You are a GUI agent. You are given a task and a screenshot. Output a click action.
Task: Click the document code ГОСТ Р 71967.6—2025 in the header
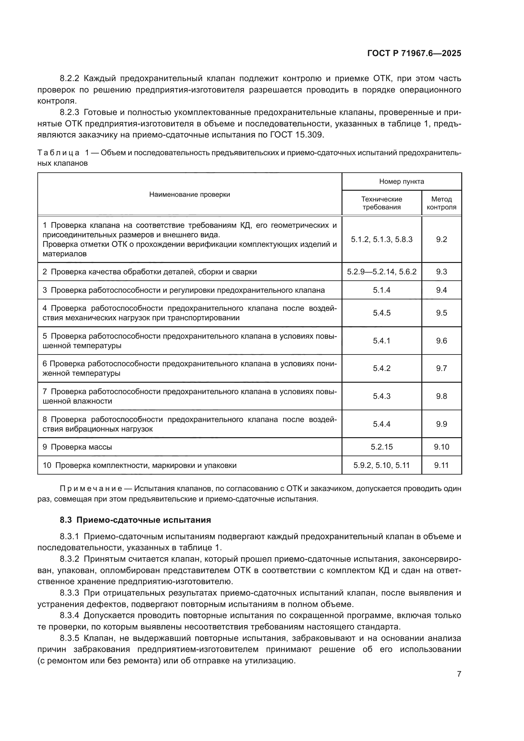414,54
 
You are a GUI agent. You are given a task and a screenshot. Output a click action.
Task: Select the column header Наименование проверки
189,194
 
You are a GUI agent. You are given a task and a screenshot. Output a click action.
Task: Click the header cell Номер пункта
401,182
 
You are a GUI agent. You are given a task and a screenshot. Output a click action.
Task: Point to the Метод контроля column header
441,203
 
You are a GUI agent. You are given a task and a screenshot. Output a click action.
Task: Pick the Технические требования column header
381,203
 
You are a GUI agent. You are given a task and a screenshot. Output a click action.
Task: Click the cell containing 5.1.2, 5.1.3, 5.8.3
381,240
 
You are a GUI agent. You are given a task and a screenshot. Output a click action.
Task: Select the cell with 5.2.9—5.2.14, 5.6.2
381,272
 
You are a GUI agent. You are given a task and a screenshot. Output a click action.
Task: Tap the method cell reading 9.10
441,447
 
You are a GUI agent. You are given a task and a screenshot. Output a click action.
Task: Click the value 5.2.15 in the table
381,447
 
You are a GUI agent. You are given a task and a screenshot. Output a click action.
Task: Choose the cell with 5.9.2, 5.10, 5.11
381,465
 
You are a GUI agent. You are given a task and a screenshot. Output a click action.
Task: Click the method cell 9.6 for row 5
441,341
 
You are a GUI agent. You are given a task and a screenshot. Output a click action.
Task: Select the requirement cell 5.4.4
381,424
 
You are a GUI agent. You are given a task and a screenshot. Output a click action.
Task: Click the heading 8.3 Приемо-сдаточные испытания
135,520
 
